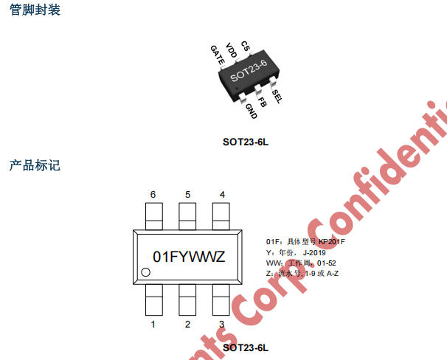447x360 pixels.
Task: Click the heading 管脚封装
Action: [x=35, y=10]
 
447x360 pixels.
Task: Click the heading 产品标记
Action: [x=35, y=165]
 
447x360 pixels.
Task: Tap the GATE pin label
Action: [x=218, y=55]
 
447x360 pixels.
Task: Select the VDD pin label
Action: [x=232, y=50]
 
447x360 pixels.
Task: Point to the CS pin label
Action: [x=246, y=47]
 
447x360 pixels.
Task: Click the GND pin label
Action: [x=251, y=111]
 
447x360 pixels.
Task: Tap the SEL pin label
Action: [x=277, y=96]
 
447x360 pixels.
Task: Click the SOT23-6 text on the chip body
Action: [x=248, y=73]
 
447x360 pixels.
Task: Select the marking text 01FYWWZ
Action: [x=188, y=256]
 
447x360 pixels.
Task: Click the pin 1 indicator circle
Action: [x=146, y=273]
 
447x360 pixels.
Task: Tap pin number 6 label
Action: [x=153, y=195]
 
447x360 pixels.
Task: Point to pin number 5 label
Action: [x=187, y=195]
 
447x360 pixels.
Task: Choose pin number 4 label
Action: [x=222, y=195]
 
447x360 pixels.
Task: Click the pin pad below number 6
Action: [x=153, y=216]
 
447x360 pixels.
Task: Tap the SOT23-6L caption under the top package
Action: [x=246, y=141]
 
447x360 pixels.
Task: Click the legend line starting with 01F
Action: [x=305, y=242]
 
